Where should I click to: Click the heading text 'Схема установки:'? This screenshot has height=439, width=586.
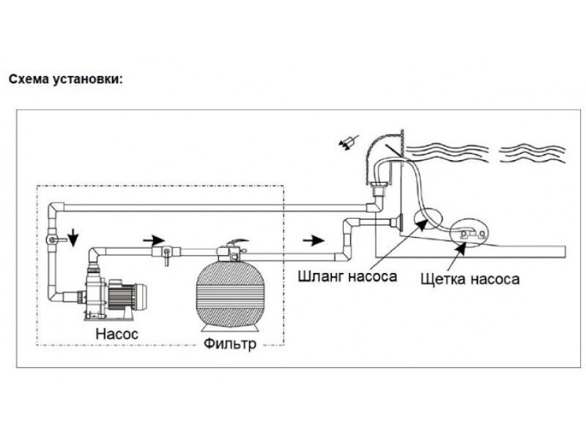click(x=66, y=80)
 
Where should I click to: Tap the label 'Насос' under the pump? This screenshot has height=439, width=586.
click(x=117, y=334)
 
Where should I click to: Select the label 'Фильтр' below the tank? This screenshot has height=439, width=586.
click(x=230, y=343)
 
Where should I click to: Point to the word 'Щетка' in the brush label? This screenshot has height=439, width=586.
click(x=443, y=279)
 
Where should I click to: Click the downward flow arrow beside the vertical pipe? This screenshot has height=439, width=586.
click(x=73, y=237)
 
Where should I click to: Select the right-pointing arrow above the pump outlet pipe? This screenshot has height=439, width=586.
click(x=154, y=240)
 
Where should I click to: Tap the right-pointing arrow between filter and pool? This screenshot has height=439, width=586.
click(x=314, y=241)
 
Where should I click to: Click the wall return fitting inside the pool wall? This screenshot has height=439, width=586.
click(x=396, y=223)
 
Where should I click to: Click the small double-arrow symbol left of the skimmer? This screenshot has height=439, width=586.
click(x=349, y=143)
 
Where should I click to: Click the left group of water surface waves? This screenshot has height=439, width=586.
click(x=447, y=152)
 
